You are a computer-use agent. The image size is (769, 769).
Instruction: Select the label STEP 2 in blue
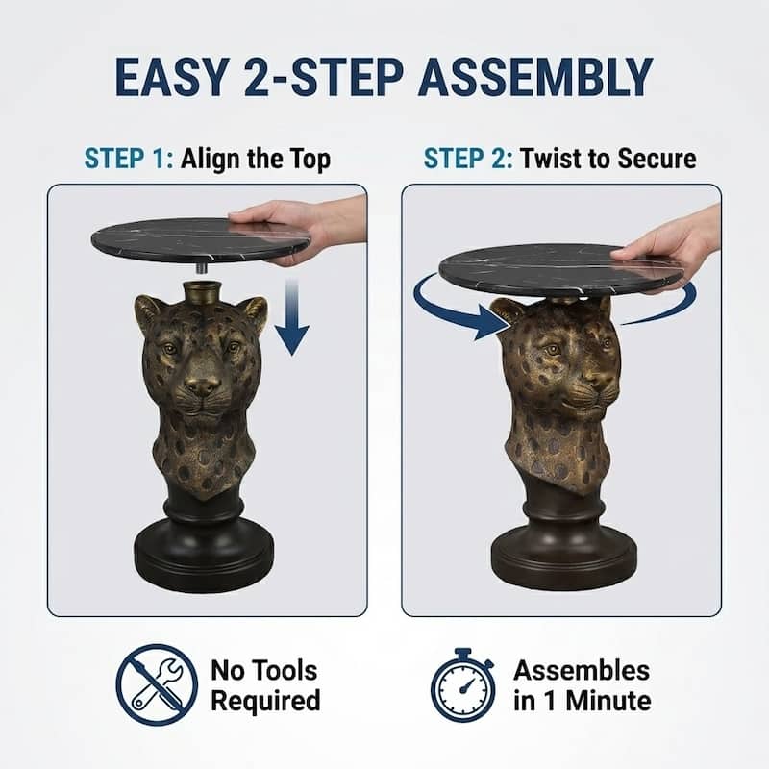(x=468, y=159)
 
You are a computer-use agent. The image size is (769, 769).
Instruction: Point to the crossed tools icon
(x=157, y=684)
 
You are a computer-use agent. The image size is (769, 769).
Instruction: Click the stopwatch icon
(x=461, y=684)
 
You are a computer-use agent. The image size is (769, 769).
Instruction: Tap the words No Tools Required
(x=265, y=684)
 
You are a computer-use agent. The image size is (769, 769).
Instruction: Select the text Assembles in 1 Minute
(x=581, y=684)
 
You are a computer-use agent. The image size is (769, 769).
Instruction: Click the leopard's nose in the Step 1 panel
(x=202, y=384)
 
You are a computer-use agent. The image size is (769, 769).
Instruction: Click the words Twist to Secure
(x=608, y=159)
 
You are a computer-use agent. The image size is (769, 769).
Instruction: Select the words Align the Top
(x=255, y=159)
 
